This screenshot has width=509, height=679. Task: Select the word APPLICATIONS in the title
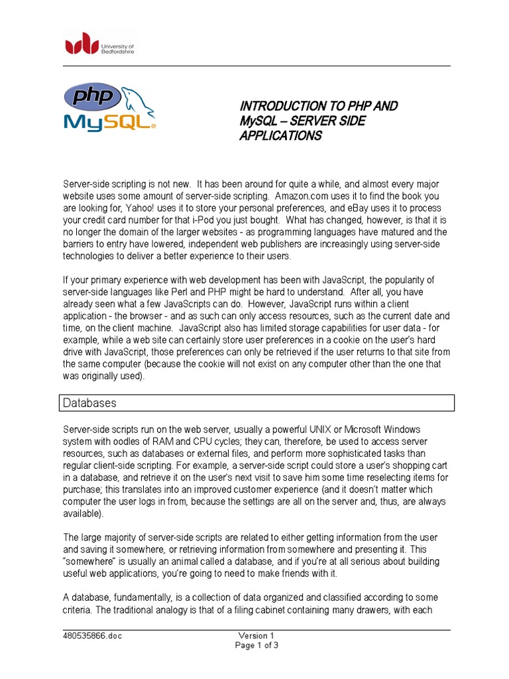tap(280, 136)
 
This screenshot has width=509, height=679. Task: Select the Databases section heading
tap(89, 402)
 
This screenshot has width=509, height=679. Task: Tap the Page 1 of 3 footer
tap(257, 647)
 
